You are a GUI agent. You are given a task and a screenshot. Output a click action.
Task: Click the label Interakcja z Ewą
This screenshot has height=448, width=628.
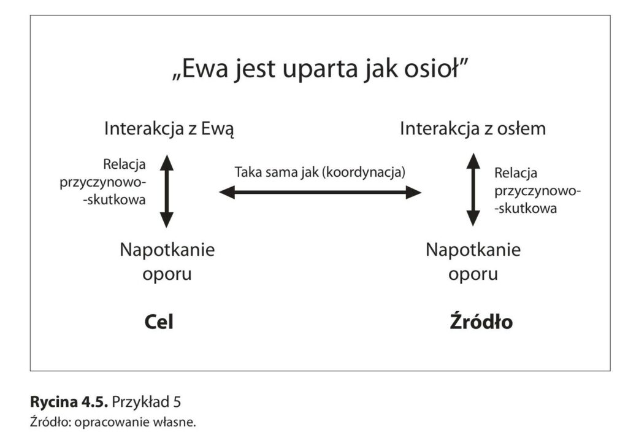(169, 129)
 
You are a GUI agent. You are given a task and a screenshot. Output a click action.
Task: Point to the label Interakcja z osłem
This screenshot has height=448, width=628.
(473, 129)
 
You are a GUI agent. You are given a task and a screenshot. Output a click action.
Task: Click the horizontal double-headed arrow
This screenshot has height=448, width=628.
(320, 192)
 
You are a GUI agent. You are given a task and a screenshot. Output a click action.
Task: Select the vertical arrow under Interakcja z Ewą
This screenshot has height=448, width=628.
(167, 191)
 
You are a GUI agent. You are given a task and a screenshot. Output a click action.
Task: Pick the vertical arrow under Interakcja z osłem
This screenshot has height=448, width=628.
(473, 190)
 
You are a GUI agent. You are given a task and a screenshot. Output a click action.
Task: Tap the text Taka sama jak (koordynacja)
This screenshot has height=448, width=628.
(320, 172)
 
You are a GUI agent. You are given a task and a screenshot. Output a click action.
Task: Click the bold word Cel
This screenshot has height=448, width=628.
(159, 322)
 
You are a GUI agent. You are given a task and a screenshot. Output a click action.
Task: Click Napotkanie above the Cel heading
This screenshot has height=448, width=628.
(167, 250)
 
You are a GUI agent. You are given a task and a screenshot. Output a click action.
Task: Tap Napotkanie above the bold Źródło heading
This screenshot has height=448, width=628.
(473, 250)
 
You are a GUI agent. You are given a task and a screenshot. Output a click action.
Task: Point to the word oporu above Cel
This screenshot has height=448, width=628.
(167, 275)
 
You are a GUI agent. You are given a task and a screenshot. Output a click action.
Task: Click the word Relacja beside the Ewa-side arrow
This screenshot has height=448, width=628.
(124, 164)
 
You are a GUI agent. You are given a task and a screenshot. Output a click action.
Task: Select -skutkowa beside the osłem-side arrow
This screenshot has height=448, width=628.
(526, 209)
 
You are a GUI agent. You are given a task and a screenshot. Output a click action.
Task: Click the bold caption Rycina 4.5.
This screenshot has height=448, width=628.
(69, 402)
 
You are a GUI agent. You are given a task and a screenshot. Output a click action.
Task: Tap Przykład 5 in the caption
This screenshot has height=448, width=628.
(147, 402)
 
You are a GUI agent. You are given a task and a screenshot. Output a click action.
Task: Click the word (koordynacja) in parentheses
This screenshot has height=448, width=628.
(364, 172)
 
